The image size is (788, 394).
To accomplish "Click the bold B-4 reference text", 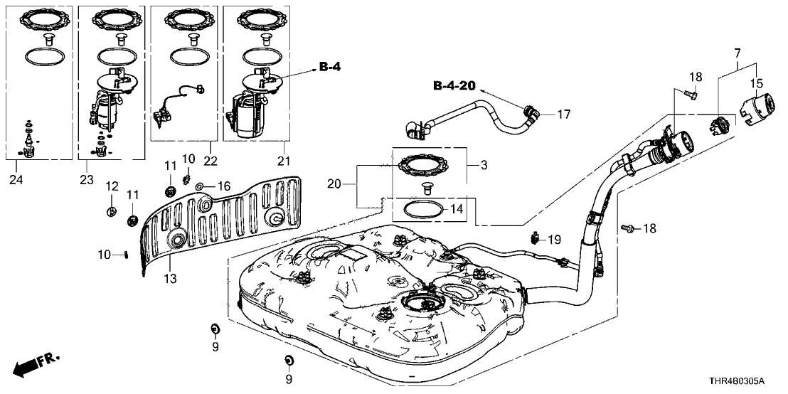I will click(330, 68).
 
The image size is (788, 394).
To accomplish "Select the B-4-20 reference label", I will click(455, 86).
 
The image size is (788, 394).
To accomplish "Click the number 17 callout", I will click(563, 114).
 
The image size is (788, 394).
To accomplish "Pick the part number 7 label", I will click(737, 53).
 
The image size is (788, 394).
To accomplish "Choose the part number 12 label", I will click(111, 186).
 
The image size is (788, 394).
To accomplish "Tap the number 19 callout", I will click(555, 240).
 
